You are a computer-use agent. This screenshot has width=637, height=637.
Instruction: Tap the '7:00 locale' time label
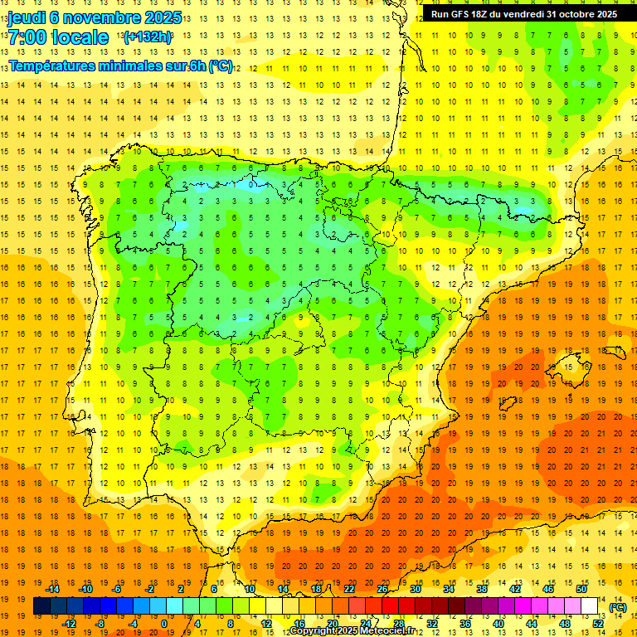58,37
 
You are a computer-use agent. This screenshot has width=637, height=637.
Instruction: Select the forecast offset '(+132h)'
148,37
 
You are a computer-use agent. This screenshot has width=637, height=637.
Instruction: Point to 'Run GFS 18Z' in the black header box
464,14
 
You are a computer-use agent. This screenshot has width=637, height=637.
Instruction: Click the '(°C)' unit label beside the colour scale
617,607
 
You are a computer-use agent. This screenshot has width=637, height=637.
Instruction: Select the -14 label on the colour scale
53,589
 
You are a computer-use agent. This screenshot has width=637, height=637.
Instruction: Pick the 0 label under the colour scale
164,624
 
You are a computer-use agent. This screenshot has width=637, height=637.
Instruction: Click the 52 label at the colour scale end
597,624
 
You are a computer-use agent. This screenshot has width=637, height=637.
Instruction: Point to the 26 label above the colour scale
382,589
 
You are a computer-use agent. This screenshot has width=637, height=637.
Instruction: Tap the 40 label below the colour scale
498,624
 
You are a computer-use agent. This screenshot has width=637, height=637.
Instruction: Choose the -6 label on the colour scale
117,589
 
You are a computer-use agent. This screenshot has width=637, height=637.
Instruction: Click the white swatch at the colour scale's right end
589,606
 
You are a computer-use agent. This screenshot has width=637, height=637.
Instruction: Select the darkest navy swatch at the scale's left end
41,606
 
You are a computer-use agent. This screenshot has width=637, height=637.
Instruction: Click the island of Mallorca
571,365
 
